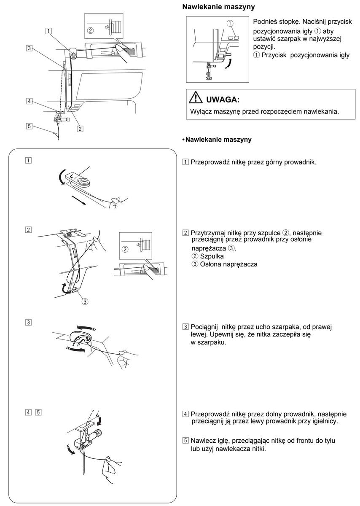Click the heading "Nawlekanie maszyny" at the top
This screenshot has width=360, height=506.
point(218,7)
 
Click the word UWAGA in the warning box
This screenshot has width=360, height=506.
point(223,100)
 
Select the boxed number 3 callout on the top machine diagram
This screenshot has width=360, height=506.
point(29,48)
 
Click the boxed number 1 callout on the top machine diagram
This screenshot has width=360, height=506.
point(49,30)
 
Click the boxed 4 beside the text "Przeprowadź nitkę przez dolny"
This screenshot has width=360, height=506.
point(185,414)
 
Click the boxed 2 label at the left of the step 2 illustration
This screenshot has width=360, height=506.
point(28,230)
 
